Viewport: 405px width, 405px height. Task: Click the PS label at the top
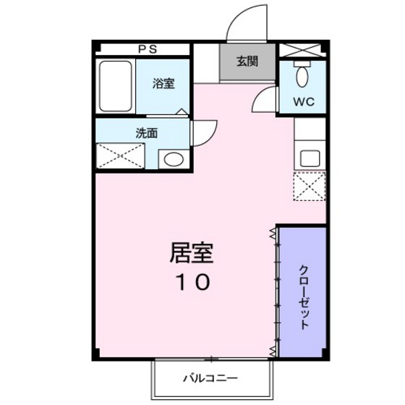[x=148, y=49]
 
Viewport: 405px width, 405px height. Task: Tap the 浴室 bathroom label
[x=163, y=84]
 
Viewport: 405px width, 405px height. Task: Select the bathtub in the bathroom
[x=114, y=87]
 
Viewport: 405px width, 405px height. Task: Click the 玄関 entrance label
[x=247, y=61]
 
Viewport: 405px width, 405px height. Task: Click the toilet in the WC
[x=303, y=75]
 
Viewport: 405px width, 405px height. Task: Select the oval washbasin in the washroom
[x=172, y=158]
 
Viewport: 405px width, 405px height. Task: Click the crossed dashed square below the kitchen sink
[x=310, y=187]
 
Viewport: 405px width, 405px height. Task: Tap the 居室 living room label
[x=192, y=252]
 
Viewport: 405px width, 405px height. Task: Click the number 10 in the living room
[x=192, y=282]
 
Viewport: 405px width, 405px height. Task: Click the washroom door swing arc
[x=205, y=130]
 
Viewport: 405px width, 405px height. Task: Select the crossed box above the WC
[x=303, y=50]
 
